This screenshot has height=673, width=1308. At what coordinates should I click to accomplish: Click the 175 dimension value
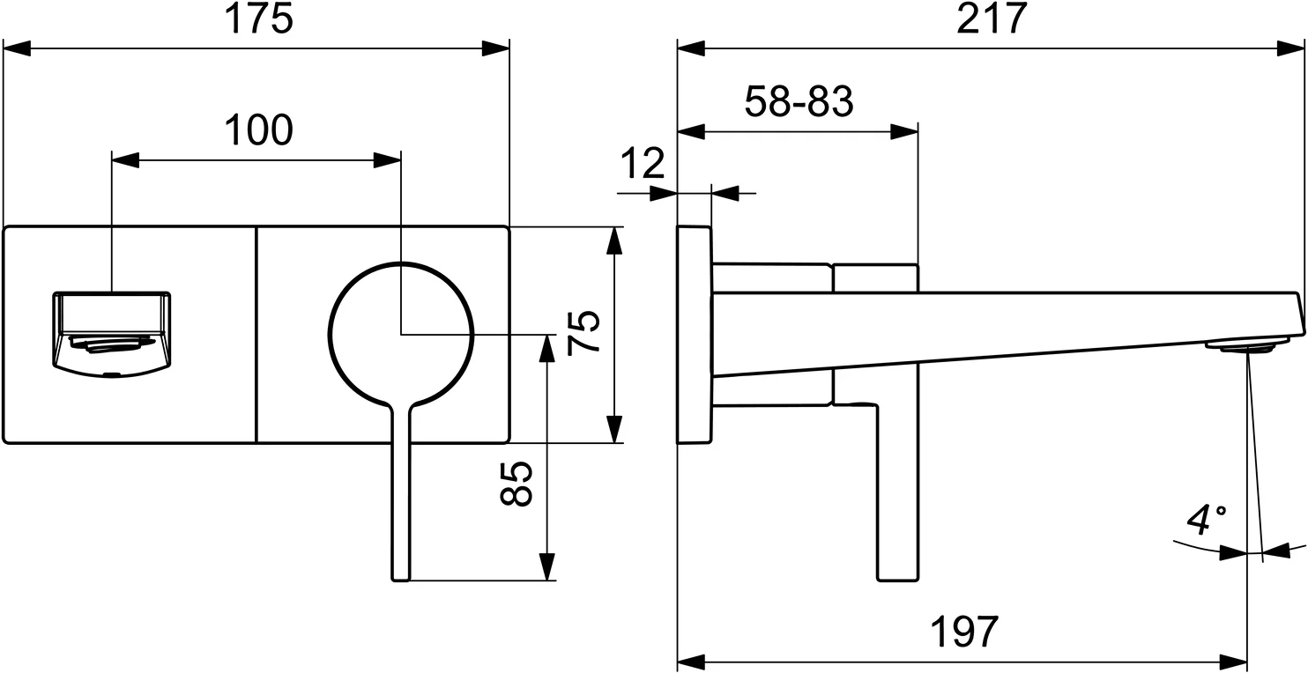tap(257, 19)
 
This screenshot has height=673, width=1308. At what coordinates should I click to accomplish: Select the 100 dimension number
tap(257, 131)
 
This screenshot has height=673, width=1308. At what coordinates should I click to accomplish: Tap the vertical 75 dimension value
tap(585, 332)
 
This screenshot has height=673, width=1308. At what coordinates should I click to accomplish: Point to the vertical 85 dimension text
tap(517, 483)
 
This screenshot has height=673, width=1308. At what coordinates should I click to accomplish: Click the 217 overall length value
tap(992, 19)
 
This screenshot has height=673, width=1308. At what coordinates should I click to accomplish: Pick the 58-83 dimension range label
tap(799, 103)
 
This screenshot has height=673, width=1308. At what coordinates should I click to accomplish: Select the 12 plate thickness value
tap(643, 164)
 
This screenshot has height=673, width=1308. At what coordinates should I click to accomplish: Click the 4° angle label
tap(1206, 520)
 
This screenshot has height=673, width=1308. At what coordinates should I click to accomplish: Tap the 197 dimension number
tap(964, 632)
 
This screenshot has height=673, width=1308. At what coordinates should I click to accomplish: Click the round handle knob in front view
tap(401, 335)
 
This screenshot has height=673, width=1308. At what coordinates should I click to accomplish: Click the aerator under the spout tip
tap(1246, 346)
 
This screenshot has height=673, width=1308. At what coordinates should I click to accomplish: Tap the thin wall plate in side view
tap(694, 335)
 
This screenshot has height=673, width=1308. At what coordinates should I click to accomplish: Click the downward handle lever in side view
tap(898, 493)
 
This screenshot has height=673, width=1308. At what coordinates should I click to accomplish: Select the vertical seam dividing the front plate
tap(256, 335)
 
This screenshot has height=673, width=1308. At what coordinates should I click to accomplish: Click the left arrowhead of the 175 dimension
tap(18, 48)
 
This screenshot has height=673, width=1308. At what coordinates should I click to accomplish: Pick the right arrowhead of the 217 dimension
tap(1293, 48)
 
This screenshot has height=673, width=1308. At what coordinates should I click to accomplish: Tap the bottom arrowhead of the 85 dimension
tap(547, 566)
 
